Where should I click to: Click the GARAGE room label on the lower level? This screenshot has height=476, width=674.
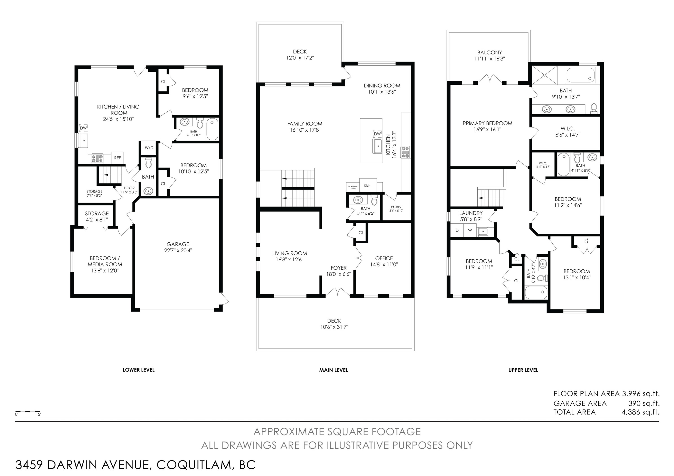(x=178, y=244)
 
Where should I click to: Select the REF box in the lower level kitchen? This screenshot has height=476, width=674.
(x=118, y=158)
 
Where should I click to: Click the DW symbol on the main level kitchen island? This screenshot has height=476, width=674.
(x=377, y=134)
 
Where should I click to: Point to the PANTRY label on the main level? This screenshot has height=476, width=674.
(x=396, y=207)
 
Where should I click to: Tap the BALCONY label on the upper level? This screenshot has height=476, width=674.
(x=489, y=53)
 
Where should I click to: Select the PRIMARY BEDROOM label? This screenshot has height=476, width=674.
(x=487, y=123)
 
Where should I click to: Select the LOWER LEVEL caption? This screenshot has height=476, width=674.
(x=139, y=370)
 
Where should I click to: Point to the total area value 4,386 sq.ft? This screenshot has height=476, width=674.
(x=640, y=412)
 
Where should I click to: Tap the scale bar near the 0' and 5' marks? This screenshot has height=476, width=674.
(x=28, y=412)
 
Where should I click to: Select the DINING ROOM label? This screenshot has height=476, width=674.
(x=382, y=86)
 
